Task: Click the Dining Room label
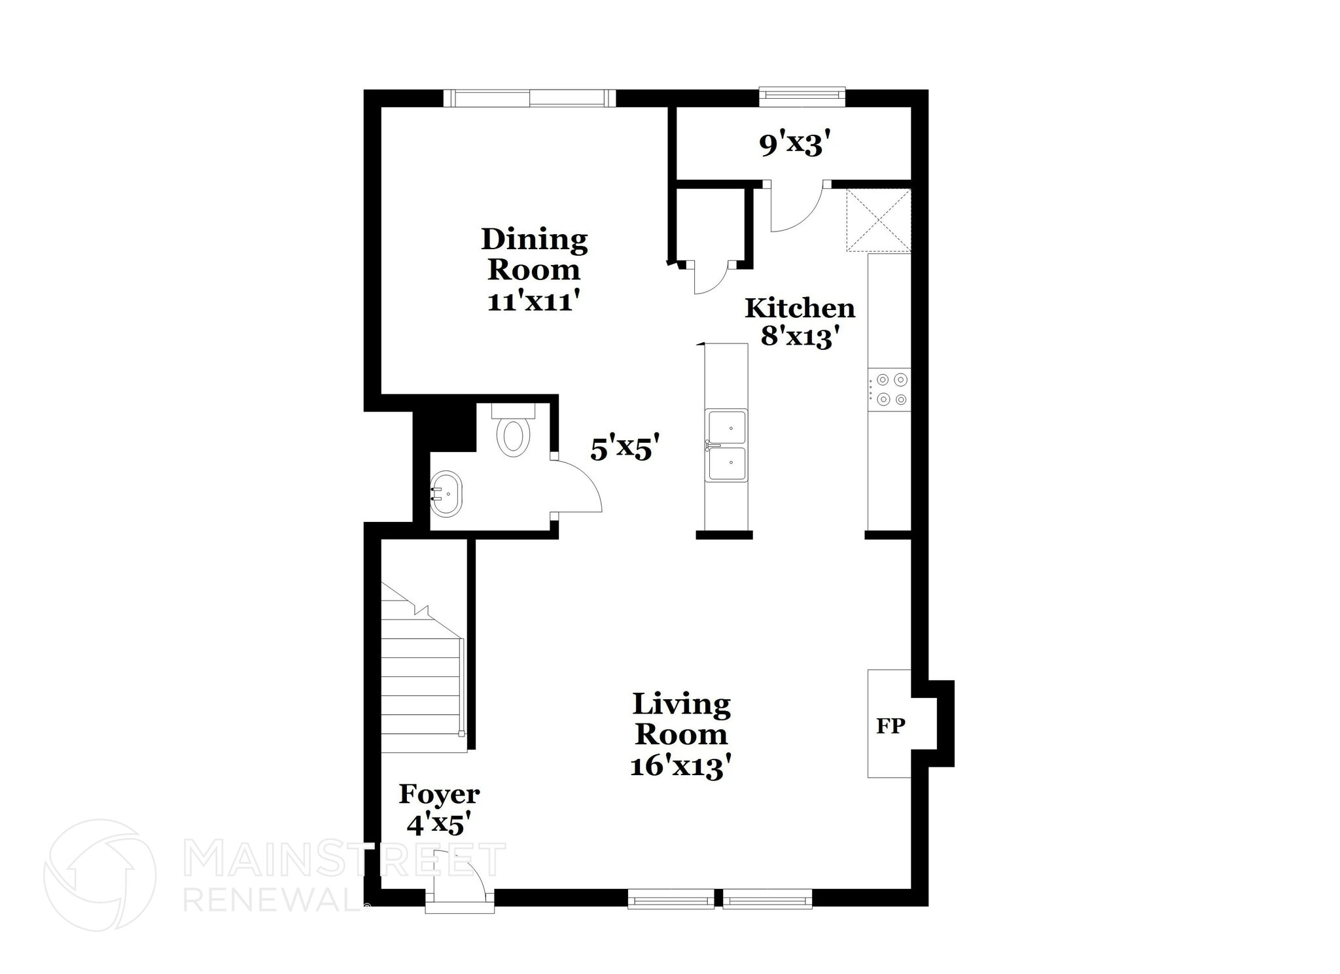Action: [534, 269]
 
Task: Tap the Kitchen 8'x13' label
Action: [800, 322]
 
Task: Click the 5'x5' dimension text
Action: [624, 449]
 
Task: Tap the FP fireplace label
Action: [890, 725]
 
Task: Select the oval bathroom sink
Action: [447, 494]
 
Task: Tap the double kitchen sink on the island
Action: [726, 446]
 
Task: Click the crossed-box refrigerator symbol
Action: [878, 220]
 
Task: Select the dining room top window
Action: [529, 99]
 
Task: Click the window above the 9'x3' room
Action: [802, 97]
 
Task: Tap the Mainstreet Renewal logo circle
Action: [99, 875]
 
